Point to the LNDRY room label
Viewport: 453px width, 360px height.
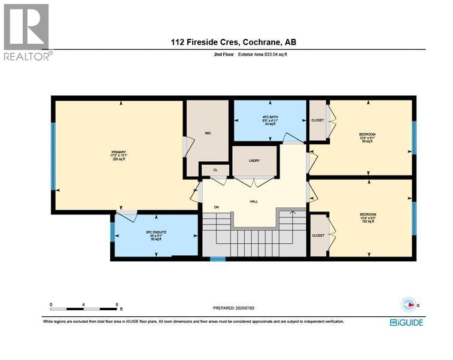(x=254, y=161)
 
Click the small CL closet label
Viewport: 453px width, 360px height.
(x=214, y=170)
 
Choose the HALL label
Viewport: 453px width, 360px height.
(x=253, y=202)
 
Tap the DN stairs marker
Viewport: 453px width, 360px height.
(x=217, y=208)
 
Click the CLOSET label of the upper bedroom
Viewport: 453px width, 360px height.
(x=317, y=120)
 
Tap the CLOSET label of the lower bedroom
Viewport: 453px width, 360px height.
(x=317, y=235)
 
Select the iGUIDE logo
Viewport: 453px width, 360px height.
(x=406, y=322)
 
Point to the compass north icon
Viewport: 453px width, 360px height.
(x=408, y=304)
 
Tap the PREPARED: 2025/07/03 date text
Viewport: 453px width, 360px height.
(x=234, y=308)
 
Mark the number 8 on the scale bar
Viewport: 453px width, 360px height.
(x=116, y=304)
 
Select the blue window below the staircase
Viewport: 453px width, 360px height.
(x=217, y=259)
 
